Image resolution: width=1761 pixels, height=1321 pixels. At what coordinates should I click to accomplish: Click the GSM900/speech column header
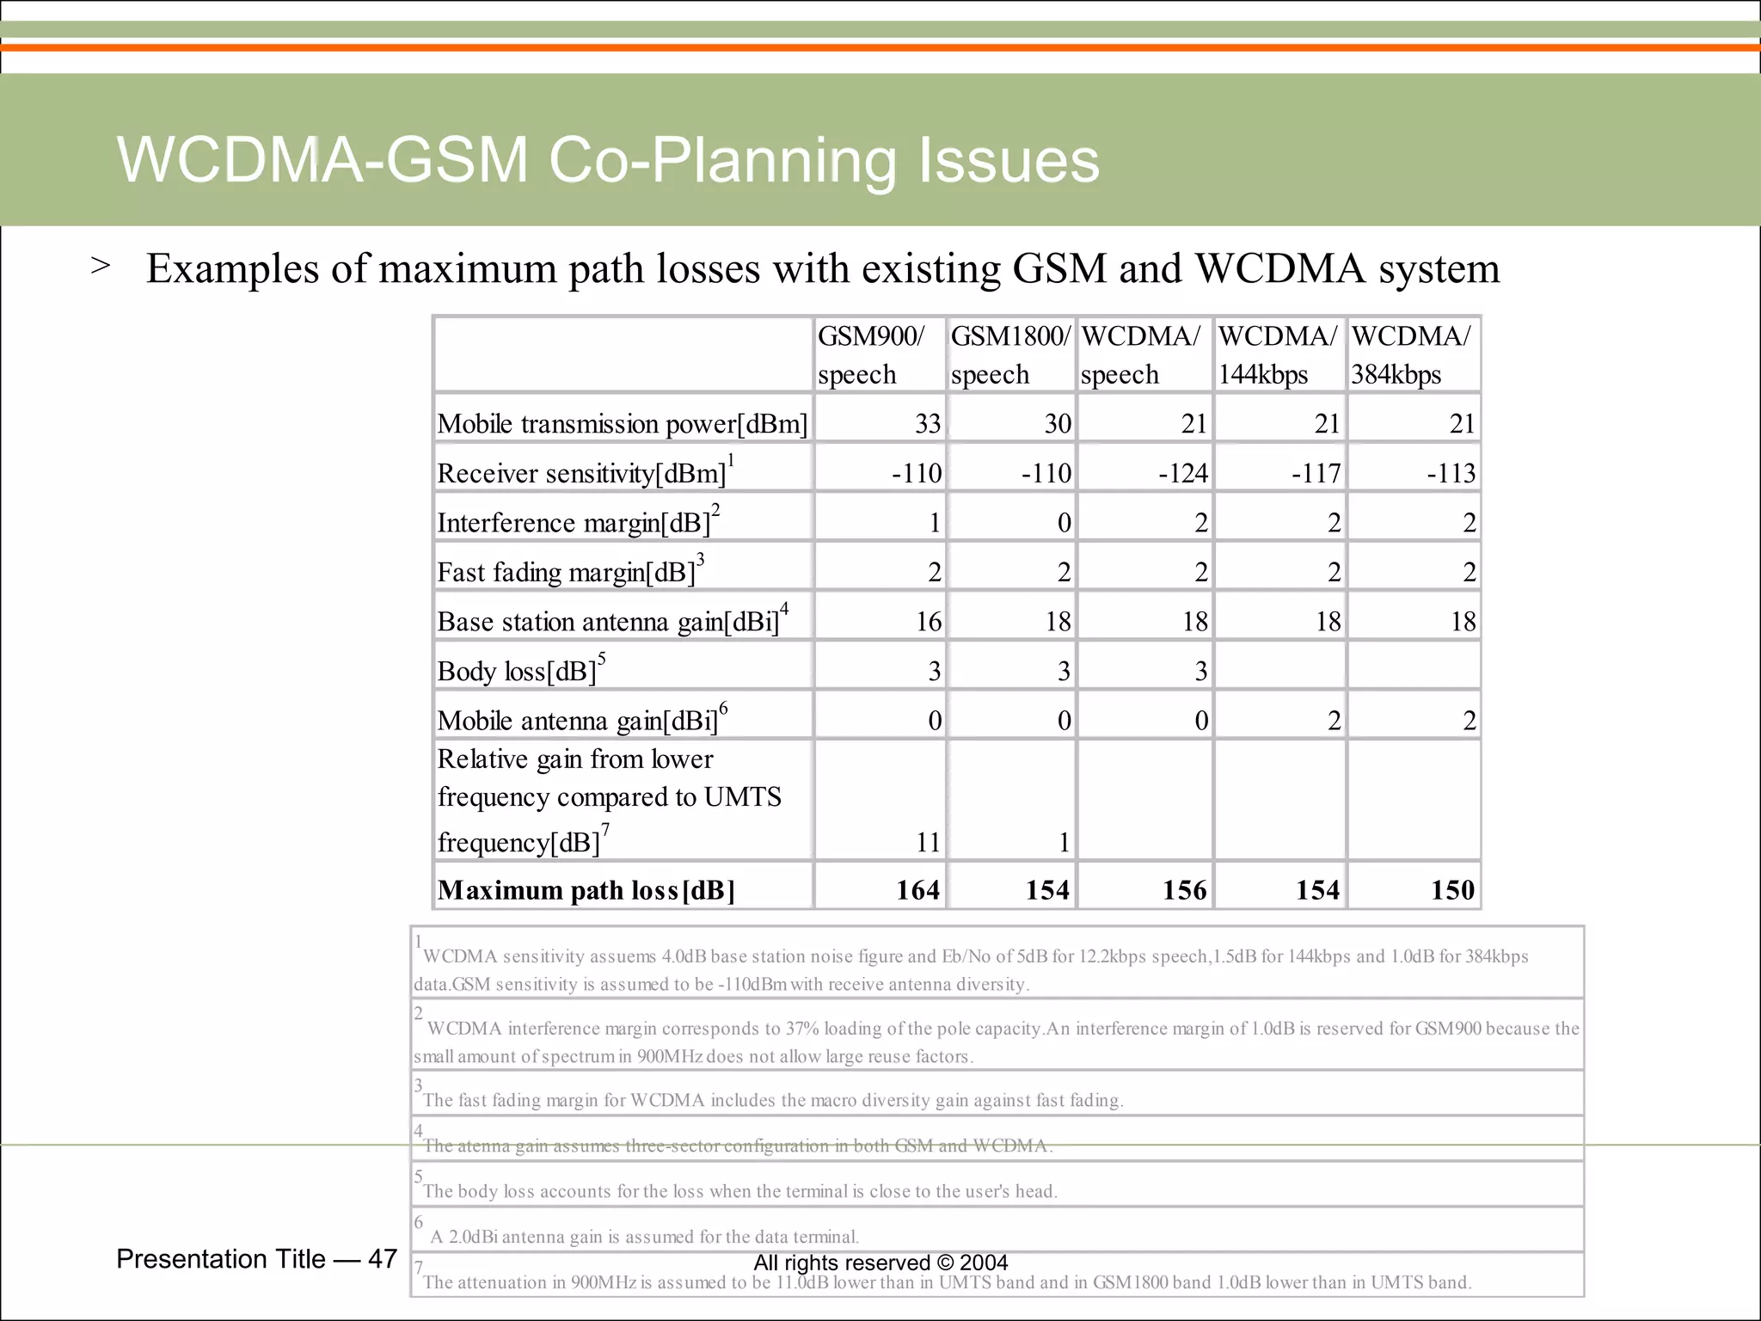(871, 354)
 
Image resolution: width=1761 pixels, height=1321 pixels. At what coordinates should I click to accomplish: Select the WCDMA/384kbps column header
(1410, 354)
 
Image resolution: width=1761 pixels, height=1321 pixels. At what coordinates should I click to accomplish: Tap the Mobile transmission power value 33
(927, 423)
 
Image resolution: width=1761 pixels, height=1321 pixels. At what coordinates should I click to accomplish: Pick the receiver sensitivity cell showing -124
(1182, 473)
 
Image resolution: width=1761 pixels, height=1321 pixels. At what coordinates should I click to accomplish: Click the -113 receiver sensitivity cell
(1451, 473)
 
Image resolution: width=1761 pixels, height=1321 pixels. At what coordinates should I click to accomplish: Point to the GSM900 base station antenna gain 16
(928, 621)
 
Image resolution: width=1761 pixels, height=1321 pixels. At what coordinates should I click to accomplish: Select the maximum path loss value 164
(917, 889)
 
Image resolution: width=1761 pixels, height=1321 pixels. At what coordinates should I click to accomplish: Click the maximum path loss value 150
(1452, 889)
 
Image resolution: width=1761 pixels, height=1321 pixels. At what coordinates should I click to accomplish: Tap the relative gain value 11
(928, 842)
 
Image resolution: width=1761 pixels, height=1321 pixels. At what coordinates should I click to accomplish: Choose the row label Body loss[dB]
(516, 671)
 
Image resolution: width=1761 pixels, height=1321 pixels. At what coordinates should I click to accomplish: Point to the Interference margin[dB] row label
(574, 523)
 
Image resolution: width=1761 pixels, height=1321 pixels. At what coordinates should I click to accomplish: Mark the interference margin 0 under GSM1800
(1064, 523)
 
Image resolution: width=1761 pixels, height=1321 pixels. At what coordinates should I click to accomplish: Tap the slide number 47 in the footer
(382, 1259)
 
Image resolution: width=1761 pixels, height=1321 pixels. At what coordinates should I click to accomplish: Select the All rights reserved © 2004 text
(880, 1263)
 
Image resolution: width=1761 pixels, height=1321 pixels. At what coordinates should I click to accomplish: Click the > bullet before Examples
(101, 266)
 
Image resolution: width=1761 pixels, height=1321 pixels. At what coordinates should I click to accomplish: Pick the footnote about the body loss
(739, 1191)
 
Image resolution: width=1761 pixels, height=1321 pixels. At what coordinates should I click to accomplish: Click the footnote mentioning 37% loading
(997, 1041)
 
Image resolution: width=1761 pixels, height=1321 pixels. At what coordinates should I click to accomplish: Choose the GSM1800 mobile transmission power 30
(1057, 423)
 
